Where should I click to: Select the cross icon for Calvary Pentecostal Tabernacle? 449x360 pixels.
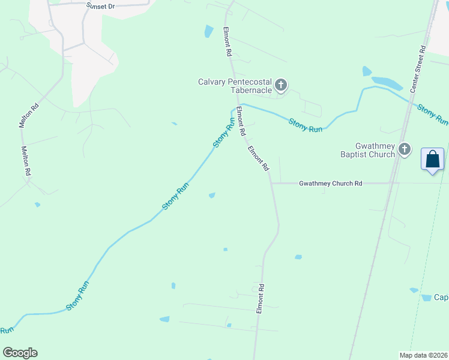(x=281, y=86)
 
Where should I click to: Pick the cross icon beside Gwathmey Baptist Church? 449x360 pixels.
(x=405, y=149)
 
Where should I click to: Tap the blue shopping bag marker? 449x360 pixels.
(x=432, y=160)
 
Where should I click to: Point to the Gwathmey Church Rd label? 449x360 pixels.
(x=330, y=184)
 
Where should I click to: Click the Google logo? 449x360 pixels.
(x=20, y=353)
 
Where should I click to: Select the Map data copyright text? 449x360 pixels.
(x=423, y=355)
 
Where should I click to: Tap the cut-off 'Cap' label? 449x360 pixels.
(x=442, y=298)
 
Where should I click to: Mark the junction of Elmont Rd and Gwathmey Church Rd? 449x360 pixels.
(x=271, y=183)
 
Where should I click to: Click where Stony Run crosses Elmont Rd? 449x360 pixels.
(x=237, y=106)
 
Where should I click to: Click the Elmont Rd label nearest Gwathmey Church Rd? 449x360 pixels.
(x=258, y=159)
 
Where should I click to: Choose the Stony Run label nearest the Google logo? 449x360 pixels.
(x=7, y=330)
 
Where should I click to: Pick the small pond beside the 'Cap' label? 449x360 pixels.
(x=414, y=290)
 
